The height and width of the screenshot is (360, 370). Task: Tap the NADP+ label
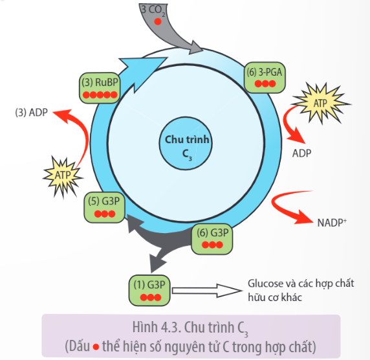tap(332, 222)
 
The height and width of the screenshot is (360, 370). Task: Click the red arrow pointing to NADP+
tap(294, 208)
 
